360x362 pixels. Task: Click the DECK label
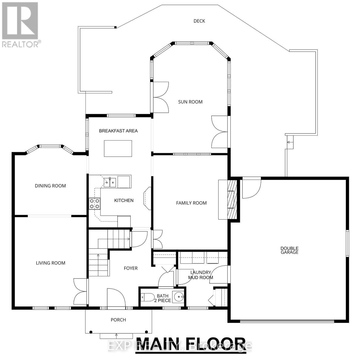coord(199,21)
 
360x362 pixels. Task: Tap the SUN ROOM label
coord(190,102)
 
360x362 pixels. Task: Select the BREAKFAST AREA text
coord(118,131)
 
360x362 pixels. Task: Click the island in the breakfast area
coord(118,148)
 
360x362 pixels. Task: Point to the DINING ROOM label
coord(50,186)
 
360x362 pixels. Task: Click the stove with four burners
coord(95,204)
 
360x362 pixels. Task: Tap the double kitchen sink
coord(110,182)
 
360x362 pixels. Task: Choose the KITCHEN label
coord(124,200)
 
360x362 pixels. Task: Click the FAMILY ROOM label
coord(191,203)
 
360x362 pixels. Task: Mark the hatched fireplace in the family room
coord(232,199)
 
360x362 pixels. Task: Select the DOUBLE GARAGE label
coord(289,250)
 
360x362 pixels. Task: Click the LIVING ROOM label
coord(50,263)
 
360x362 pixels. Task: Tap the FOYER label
coord(131,268)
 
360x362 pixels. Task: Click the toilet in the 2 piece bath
coord(147,297)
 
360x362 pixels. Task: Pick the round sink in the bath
coord(178,297)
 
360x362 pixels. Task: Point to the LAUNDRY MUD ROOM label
coord(201,275)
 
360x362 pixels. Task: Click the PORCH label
coord(118,320)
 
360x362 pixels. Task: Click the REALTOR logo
coord(20,24)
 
